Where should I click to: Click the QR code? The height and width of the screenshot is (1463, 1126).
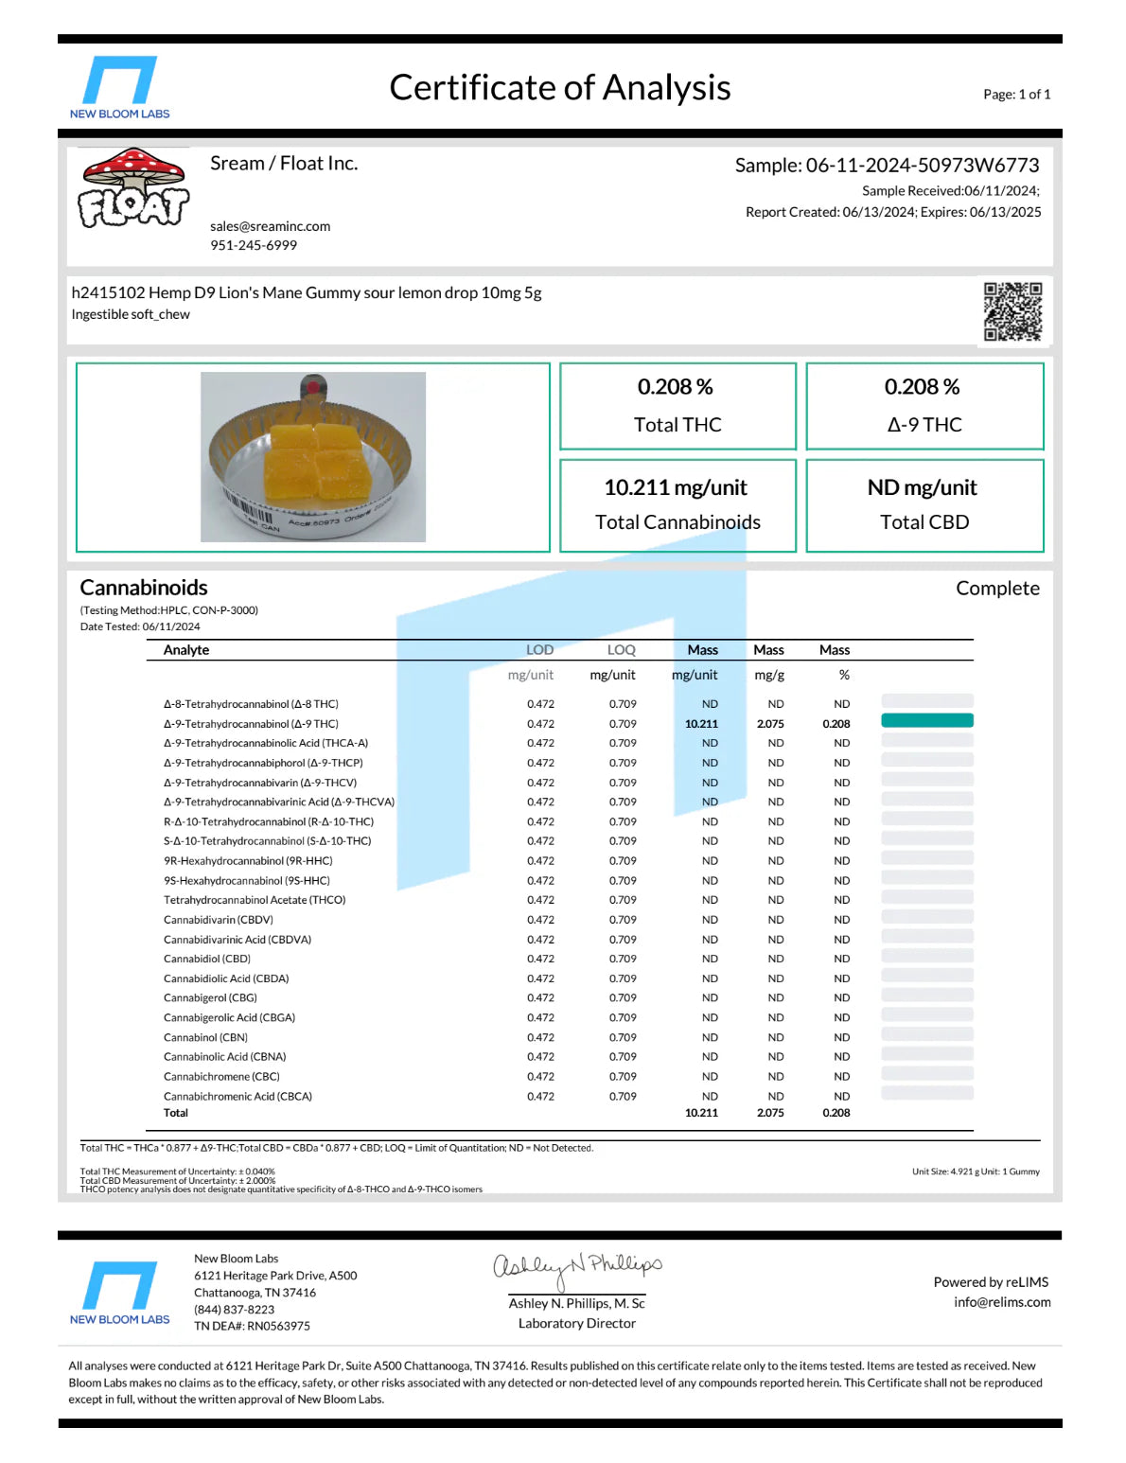[x=1012, y=311]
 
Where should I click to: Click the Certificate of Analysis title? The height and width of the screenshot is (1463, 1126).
[x=559, y=88]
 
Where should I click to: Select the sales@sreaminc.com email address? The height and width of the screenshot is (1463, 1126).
[x=270, y=226]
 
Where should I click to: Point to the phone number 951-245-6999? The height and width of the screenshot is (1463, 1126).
[x=254, y=245]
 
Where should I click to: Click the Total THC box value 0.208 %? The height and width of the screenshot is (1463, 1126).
[x=676, y=387]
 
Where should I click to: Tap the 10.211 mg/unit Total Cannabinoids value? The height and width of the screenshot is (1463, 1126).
[x=676, y=487]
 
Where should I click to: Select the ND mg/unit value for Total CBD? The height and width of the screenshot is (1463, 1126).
[x=923, y=487]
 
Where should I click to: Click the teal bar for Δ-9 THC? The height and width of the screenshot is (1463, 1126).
[x=926, y=721]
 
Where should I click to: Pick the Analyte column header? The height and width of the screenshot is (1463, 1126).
[x=186, y=650]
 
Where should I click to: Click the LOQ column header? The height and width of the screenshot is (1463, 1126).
[x=622, y=650]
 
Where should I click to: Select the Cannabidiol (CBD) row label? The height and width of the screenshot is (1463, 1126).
[x=207, y=959]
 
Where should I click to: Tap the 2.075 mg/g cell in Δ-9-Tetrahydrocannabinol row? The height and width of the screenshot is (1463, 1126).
[x=770, y=724]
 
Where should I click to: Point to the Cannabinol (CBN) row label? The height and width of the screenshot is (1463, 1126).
[x=205, y=1037]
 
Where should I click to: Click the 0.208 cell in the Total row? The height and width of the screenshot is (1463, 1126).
[x=836, y=1113]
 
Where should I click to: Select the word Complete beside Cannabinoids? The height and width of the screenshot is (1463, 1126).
[x=997, y=589]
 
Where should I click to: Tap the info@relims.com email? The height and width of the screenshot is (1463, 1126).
[x=1002, y=1302]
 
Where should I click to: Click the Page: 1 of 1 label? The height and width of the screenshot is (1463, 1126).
[x=1016, y=95]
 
